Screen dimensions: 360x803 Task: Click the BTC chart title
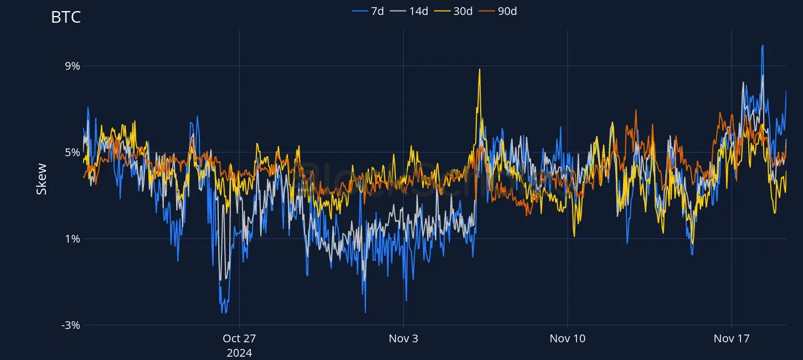pos(66,17)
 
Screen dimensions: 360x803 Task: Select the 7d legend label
pos(377,11)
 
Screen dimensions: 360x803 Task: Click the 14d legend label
pos(419,11)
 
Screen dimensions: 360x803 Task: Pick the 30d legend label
pos(463,11)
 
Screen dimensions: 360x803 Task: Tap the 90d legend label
pos(507,11)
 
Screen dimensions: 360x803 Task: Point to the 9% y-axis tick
pos(73,66)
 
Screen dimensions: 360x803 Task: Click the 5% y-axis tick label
pos(73,152)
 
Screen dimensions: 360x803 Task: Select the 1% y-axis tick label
pos(73,239)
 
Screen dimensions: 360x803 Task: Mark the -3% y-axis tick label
pos(71,325)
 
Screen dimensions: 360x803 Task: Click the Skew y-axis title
pos(42,179)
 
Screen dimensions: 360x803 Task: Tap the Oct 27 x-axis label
pos(239,338)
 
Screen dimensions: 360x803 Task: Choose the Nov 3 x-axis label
pos(403,338)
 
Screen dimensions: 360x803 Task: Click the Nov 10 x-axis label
pos(567,338)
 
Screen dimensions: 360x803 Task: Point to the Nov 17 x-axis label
pos(732,338)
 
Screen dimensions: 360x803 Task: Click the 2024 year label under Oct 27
pos(239,352)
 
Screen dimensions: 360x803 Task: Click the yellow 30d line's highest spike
pos(480,69)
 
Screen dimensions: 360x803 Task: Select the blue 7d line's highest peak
pos(763,46)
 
